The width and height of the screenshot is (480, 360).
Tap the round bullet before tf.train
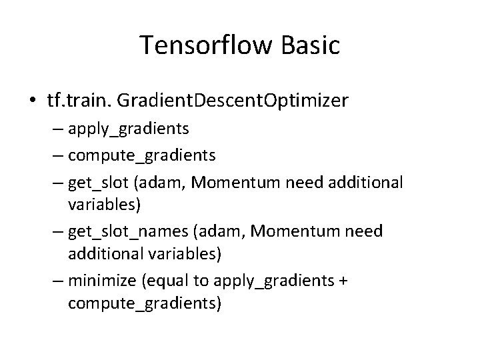point(33,101)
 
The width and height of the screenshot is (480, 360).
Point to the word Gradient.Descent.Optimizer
point(231,101)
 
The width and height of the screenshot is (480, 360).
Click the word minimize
point(102,281)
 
